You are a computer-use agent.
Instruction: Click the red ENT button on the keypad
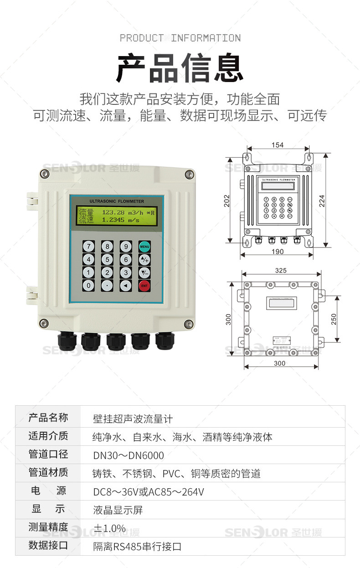[144, 286]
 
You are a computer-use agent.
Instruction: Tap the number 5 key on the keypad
[107, 259]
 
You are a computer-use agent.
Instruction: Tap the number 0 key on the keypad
[88, 286]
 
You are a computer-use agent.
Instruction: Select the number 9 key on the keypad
[126, 247]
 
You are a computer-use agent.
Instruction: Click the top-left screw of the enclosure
[44, 173]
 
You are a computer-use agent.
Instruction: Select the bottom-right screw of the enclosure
[188, 324]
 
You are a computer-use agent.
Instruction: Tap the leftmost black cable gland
[67, 341]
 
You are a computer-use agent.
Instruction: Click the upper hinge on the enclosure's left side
[31, 199]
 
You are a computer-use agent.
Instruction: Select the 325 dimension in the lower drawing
[281, 270]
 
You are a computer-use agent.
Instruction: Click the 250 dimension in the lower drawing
[334, 318]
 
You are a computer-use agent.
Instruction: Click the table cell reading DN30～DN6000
[129, 455]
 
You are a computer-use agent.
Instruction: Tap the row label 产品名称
[48, 418]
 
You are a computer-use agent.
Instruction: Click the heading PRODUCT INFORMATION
[180, 38]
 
